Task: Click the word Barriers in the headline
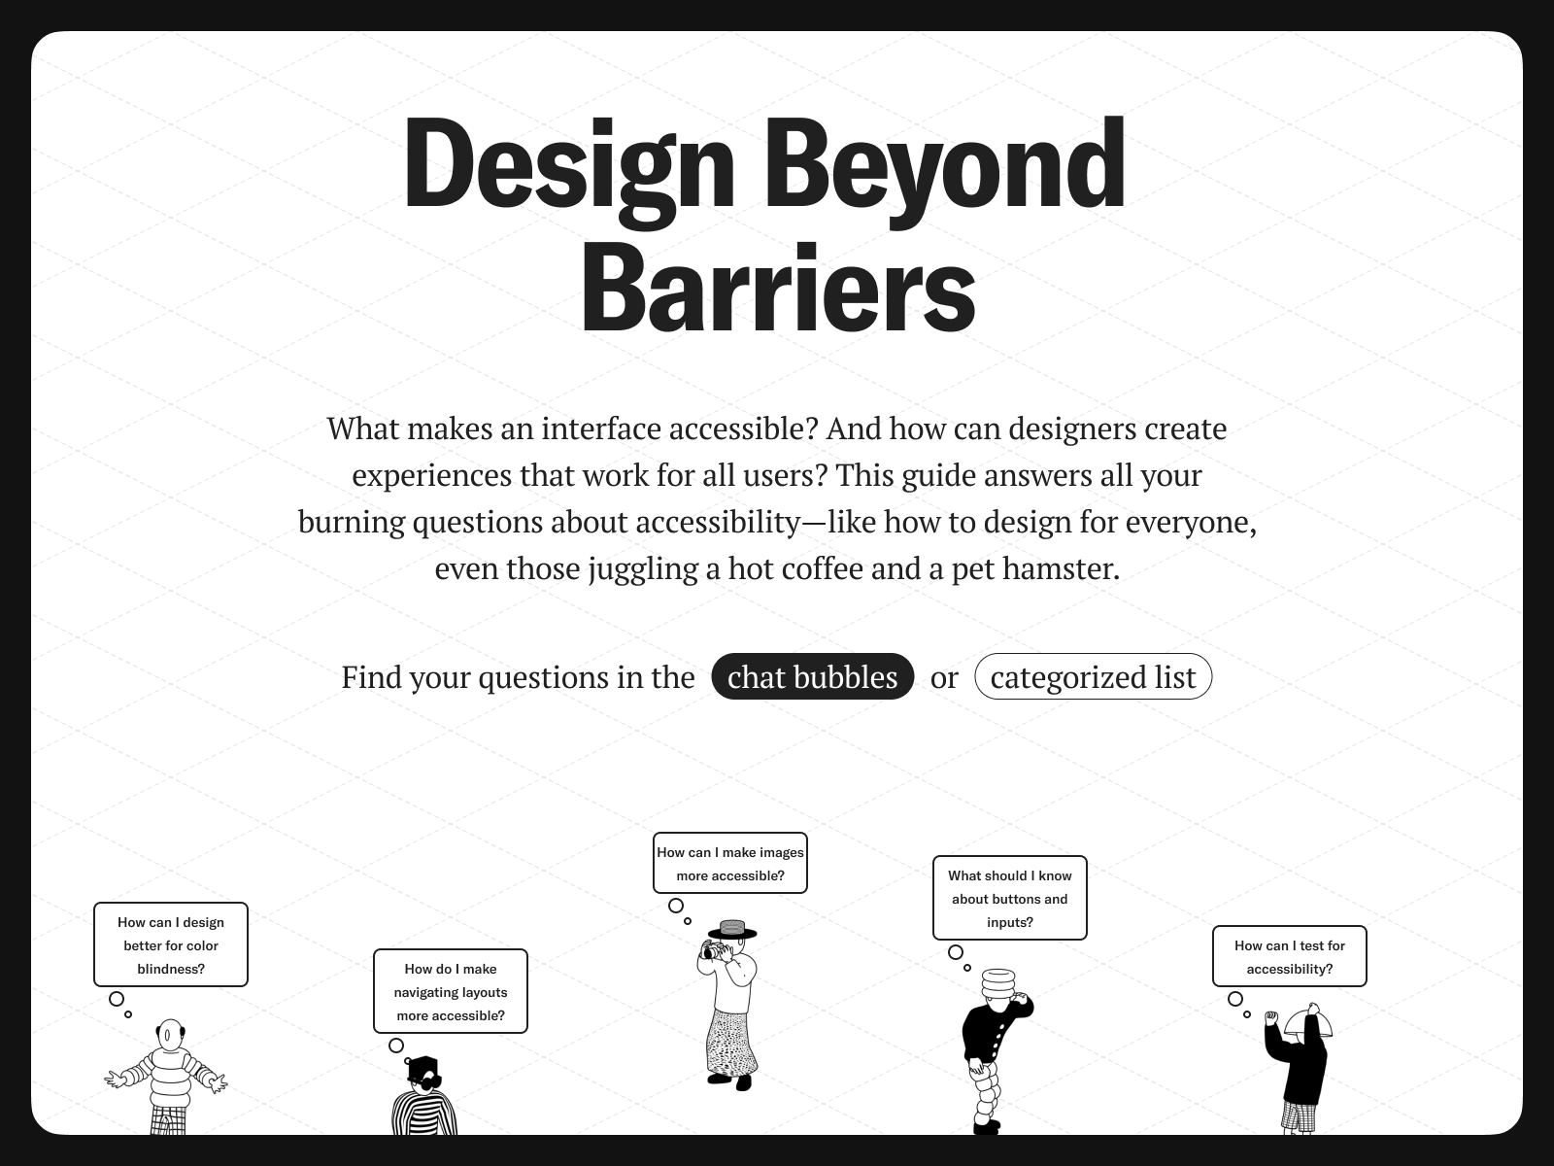(779, 288)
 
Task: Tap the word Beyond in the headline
(945, 170)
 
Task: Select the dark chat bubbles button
(813, 677)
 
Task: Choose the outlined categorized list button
(1093, 677)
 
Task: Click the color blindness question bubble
(171, 944)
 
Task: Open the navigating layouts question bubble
(451, 991)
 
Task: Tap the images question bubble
(730, 863)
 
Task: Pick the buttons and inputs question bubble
(1009, 898)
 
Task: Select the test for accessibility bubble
(1289, 956)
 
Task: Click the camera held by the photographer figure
(711, 951)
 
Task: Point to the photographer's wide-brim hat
(732, 930)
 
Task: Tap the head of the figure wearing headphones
(170, 1035)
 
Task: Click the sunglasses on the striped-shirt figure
(427, 1081)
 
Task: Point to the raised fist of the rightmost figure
(1272, 1017)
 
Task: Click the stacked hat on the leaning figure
(998, 983)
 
